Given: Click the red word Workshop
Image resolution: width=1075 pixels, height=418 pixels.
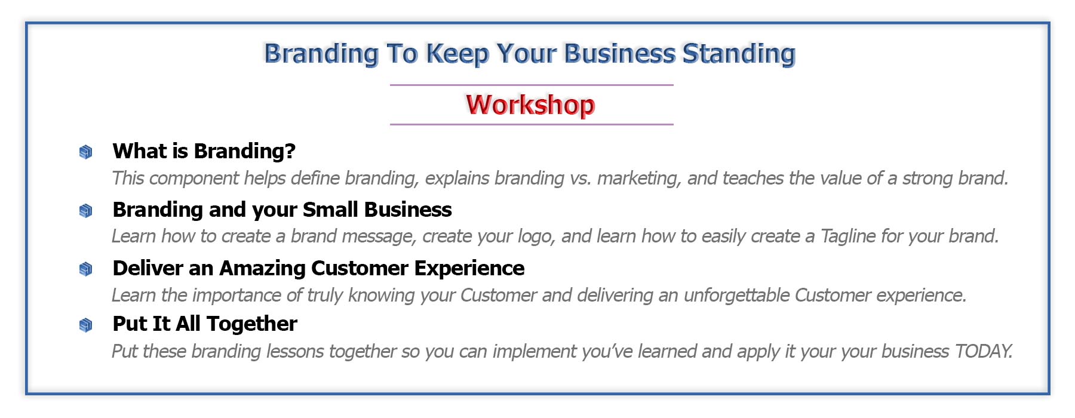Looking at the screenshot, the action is (x=530, y=105).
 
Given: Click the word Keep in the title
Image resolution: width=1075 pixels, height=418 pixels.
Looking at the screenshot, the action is (x=457, y=54).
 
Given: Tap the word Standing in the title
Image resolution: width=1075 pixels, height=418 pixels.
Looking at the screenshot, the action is (x=739, y=54).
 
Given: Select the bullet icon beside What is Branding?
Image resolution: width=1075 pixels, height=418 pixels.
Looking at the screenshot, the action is (x=86, y=152).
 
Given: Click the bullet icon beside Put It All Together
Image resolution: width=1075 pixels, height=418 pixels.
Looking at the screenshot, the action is (x=86, y=325).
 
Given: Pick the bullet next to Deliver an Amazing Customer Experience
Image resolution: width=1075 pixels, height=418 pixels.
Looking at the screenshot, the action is (x=86, y=269).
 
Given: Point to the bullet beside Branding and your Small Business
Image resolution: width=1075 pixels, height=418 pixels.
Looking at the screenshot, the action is (x=86, y=211).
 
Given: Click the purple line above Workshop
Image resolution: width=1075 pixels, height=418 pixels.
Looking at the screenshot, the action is (x=532, y=85).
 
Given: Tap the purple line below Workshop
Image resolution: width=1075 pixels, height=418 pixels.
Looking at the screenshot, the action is (x=532, y=124).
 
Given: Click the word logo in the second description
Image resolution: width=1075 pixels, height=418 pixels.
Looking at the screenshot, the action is (x=537, y=236).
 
